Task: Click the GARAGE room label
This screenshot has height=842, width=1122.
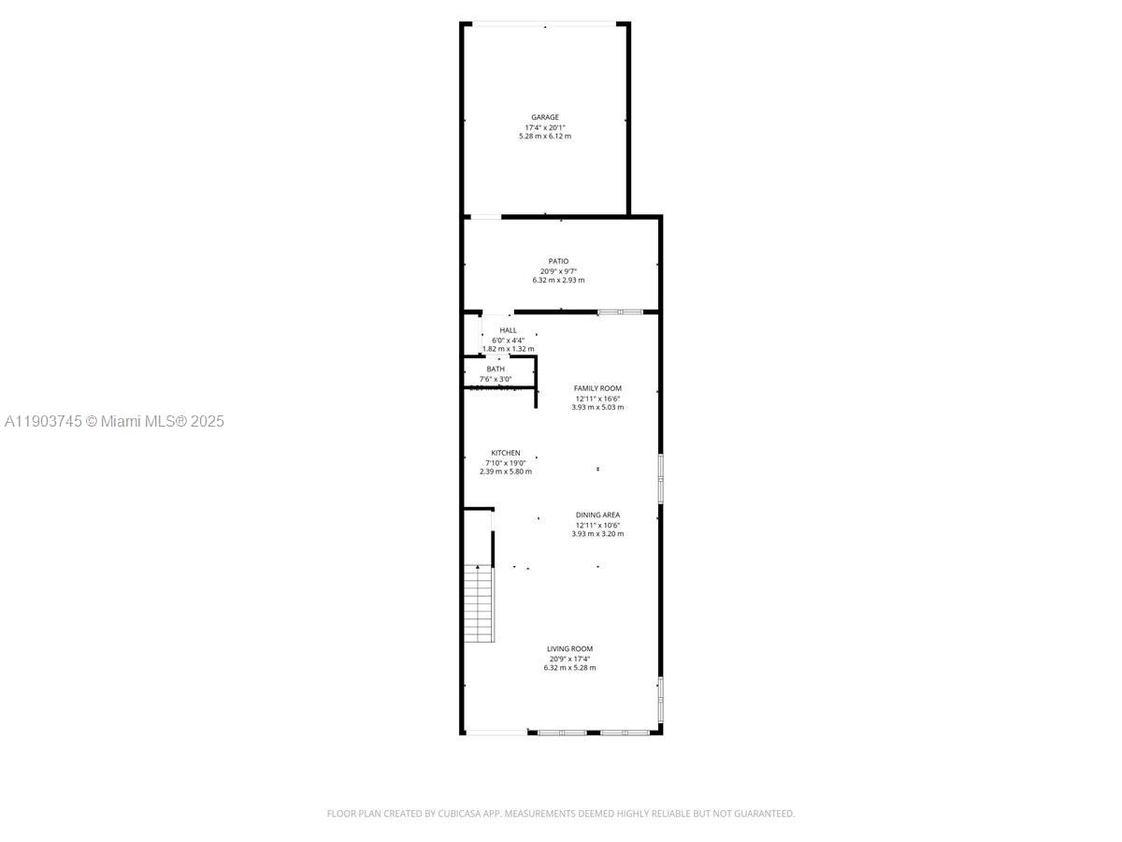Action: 545,118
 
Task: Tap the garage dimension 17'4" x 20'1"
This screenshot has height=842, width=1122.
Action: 545,127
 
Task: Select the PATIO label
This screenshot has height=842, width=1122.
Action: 558,262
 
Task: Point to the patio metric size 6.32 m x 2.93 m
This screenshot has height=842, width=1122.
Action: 558,281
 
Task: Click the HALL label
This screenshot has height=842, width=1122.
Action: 508,330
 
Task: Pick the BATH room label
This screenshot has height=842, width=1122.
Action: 496,370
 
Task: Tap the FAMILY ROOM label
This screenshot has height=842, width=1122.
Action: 597,388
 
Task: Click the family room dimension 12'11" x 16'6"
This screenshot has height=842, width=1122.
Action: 597,399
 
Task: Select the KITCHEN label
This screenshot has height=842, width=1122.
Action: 506,453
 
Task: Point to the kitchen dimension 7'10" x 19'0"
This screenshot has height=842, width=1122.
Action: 506,462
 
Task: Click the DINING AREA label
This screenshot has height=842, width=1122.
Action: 597,515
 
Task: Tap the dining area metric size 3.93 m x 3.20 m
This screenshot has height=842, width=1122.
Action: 597,534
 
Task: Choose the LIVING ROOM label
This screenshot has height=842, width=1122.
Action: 569,649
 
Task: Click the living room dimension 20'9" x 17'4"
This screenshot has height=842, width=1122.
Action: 569,659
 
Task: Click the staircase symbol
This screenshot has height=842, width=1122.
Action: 479,603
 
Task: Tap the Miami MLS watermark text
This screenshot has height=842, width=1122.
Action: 114,422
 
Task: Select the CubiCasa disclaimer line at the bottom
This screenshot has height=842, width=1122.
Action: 561,814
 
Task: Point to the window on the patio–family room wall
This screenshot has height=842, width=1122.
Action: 620,312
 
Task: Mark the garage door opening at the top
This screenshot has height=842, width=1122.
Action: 545,23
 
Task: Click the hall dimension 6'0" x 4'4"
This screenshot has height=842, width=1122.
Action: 508,340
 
